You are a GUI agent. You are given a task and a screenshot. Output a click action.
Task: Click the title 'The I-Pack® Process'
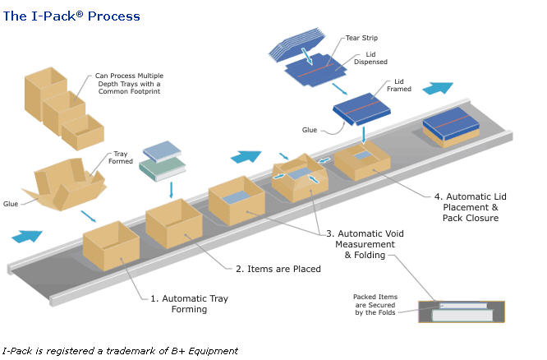pos(71,16)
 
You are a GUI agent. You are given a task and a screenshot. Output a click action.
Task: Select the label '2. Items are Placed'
pos(278,269)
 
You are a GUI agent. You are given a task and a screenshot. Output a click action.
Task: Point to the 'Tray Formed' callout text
pos(121,157)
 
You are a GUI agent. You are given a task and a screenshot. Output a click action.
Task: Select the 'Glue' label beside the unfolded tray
pos(11,204)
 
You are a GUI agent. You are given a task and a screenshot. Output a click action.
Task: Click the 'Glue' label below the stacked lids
pos(310,130)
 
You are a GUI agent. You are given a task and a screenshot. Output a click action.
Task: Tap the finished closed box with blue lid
pos(450,128)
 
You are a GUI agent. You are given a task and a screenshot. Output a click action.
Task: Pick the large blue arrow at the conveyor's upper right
pos(439,88)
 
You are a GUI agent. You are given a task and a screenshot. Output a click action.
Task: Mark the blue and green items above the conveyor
pos(159,163)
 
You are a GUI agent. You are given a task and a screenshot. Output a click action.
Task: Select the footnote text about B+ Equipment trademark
pos(120,350)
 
